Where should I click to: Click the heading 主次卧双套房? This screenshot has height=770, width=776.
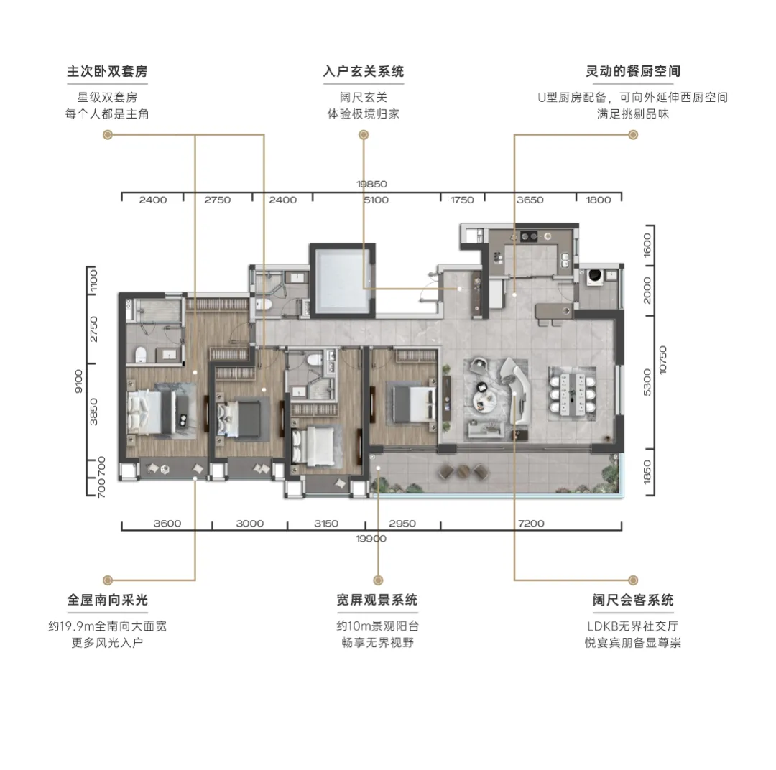coord(107,71)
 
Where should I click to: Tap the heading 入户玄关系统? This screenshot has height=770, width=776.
coord(364,71)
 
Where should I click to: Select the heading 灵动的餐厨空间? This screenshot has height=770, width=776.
coord(633,71)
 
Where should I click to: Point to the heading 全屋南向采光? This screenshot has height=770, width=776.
coord(107,600)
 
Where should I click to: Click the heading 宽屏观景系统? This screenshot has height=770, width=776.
coord(377,600)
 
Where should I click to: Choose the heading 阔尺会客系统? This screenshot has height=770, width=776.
coord(633,600)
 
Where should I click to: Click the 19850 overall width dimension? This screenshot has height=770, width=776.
coord(371,184)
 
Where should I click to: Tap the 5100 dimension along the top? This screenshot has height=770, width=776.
coord(376,200)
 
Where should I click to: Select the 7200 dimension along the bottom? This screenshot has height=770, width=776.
coord(531,523)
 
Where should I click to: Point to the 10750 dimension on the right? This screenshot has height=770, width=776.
coord(662,360)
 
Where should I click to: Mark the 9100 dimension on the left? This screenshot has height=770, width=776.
coord(79,381)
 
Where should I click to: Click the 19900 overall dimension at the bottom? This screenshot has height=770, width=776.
coord(371,539)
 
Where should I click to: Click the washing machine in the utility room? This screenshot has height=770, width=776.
coord(594,277)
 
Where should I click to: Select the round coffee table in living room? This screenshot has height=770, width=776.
coord(483,399)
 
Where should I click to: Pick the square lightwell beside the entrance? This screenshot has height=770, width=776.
coord(343,279)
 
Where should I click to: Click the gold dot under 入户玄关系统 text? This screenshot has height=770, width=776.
coord(364,134)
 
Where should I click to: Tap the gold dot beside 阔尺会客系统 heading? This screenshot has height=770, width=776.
coord(633,580)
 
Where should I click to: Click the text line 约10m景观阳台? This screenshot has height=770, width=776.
coord(378,626)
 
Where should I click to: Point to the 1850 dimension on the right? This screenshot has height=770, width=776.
coord(647,472)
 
